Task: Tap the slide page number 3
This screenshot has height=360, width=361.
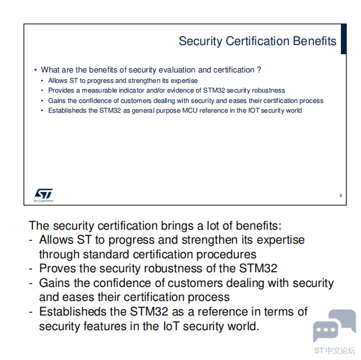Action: (340, 196)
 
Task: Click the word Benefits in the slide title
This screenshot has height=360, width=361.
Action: (315, 41)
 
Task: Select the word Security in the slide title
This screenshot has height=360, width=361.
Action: (201, 41)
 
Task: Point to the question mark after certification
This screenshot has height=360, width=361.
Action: (259, 69)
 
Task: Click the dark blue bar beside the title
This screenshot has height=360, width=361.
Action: (343, 39)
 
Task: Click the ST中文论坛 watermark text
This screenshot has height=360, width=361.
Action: (335, 351)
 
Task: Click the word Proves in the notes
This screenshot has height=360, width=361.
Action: (57, 269)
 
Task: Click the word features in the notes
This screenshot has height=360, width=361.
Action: (105, 326)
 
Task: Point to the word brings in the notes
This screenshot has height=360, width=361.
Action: (177, 226)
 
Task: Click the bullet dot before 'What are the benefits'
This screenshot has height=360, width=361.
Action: (35, 70)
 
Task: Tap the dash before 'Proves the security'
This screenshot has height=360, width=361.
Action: (31, 269)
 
